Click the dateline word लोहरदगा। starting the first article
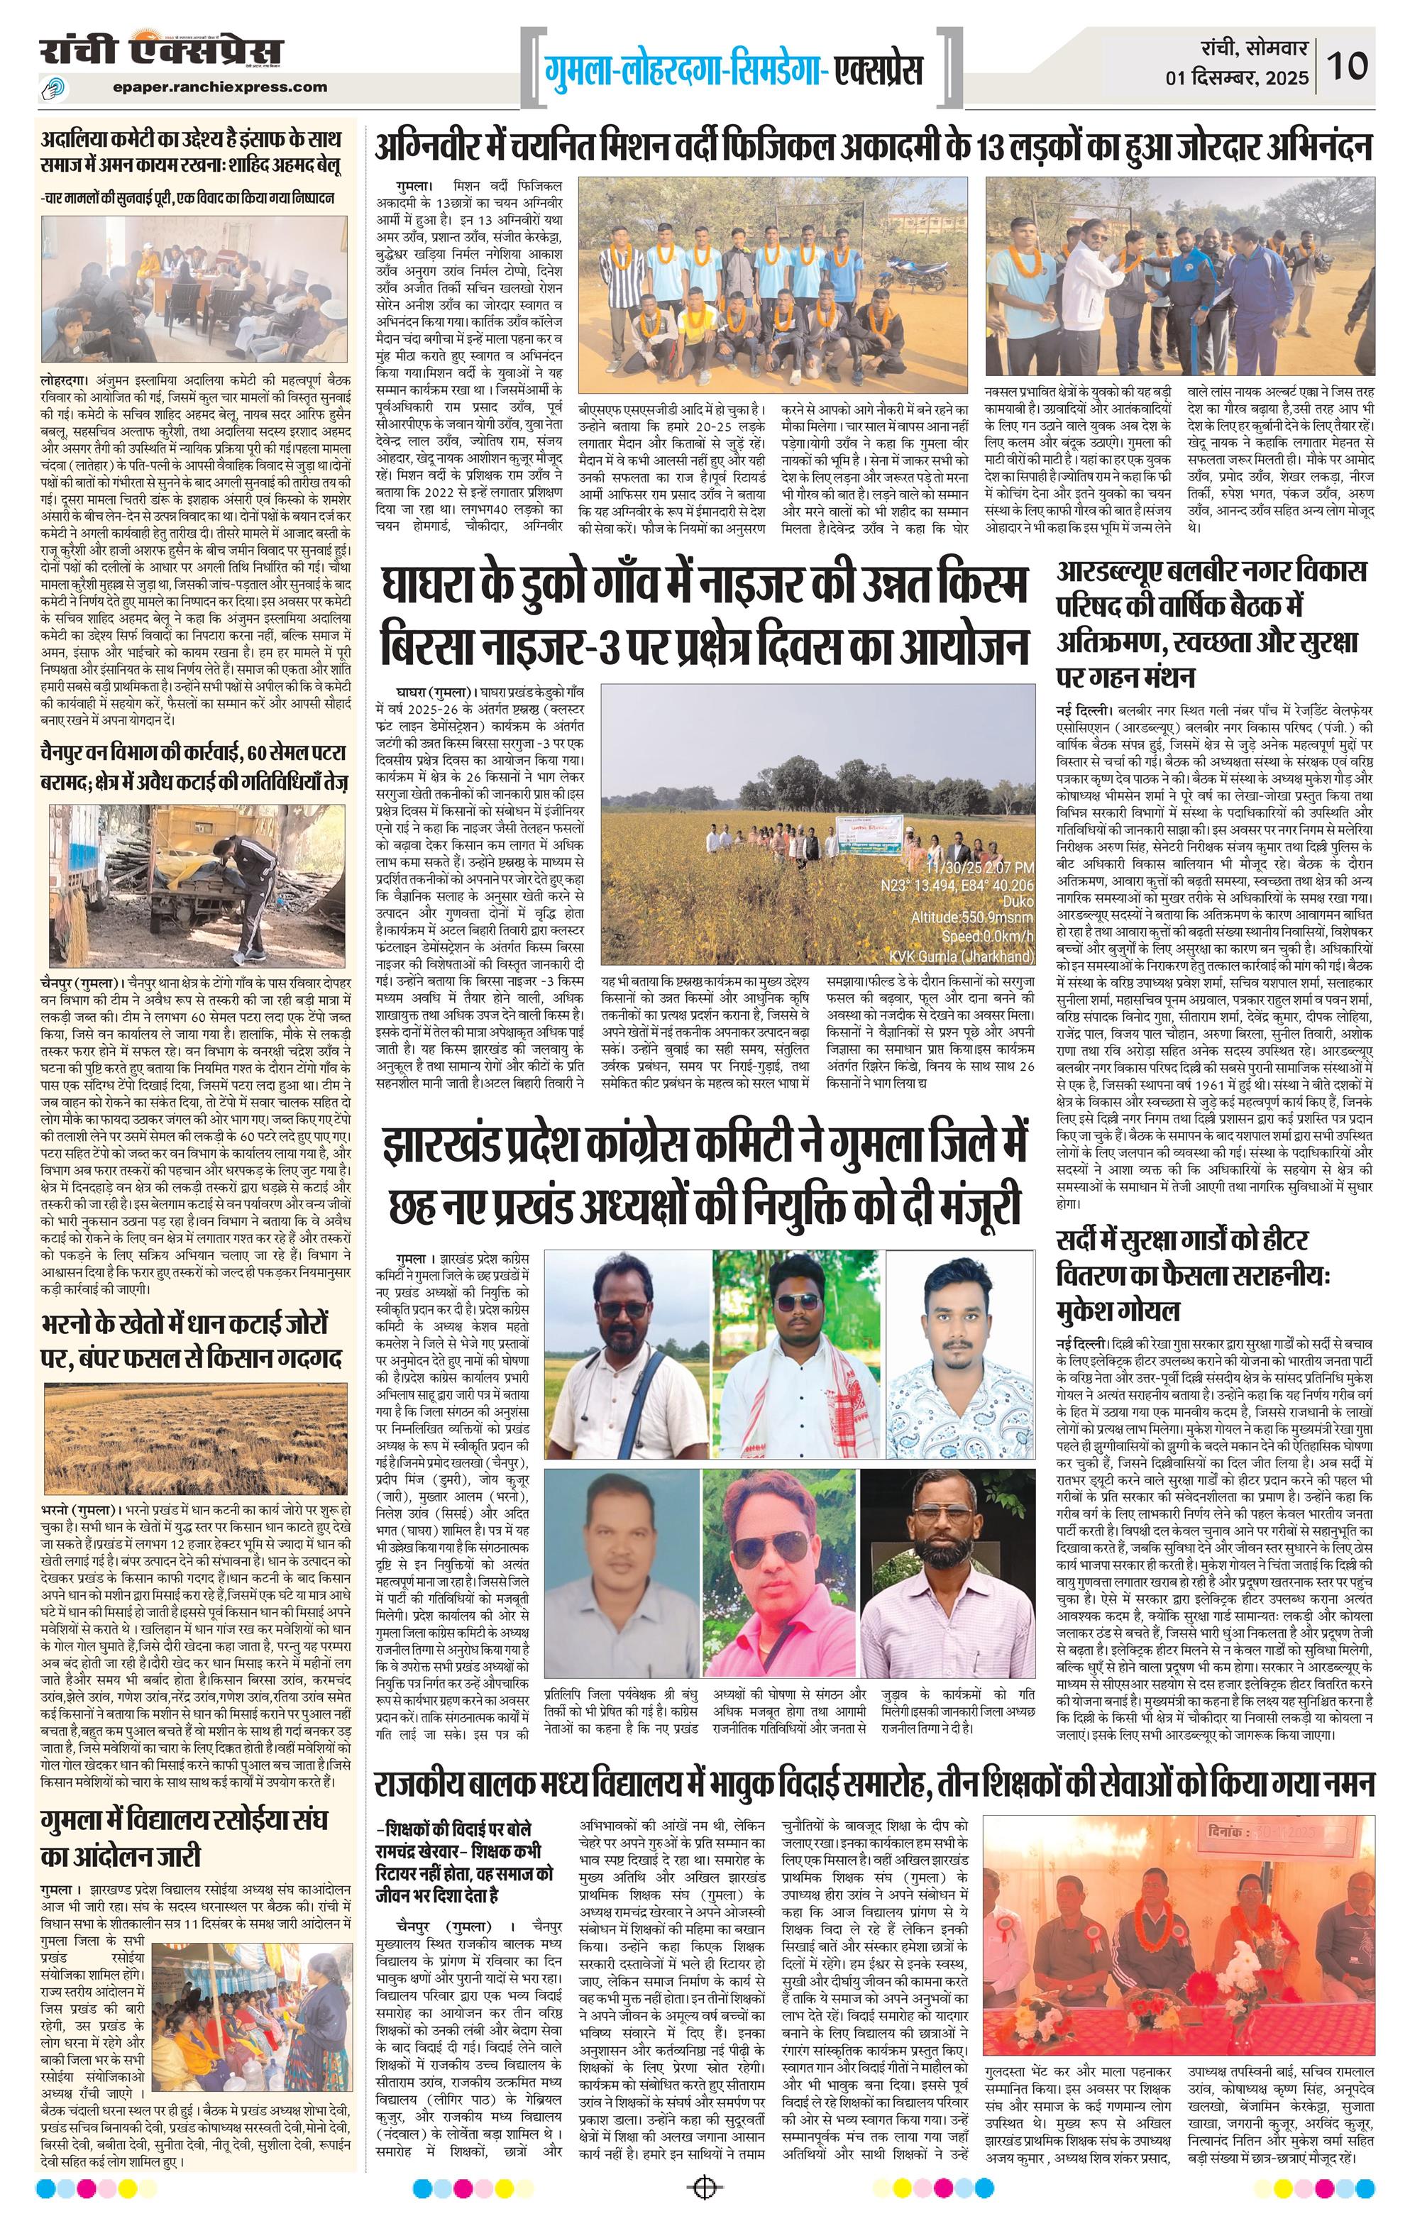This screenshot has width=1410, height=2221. click(x=64, y=378)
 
